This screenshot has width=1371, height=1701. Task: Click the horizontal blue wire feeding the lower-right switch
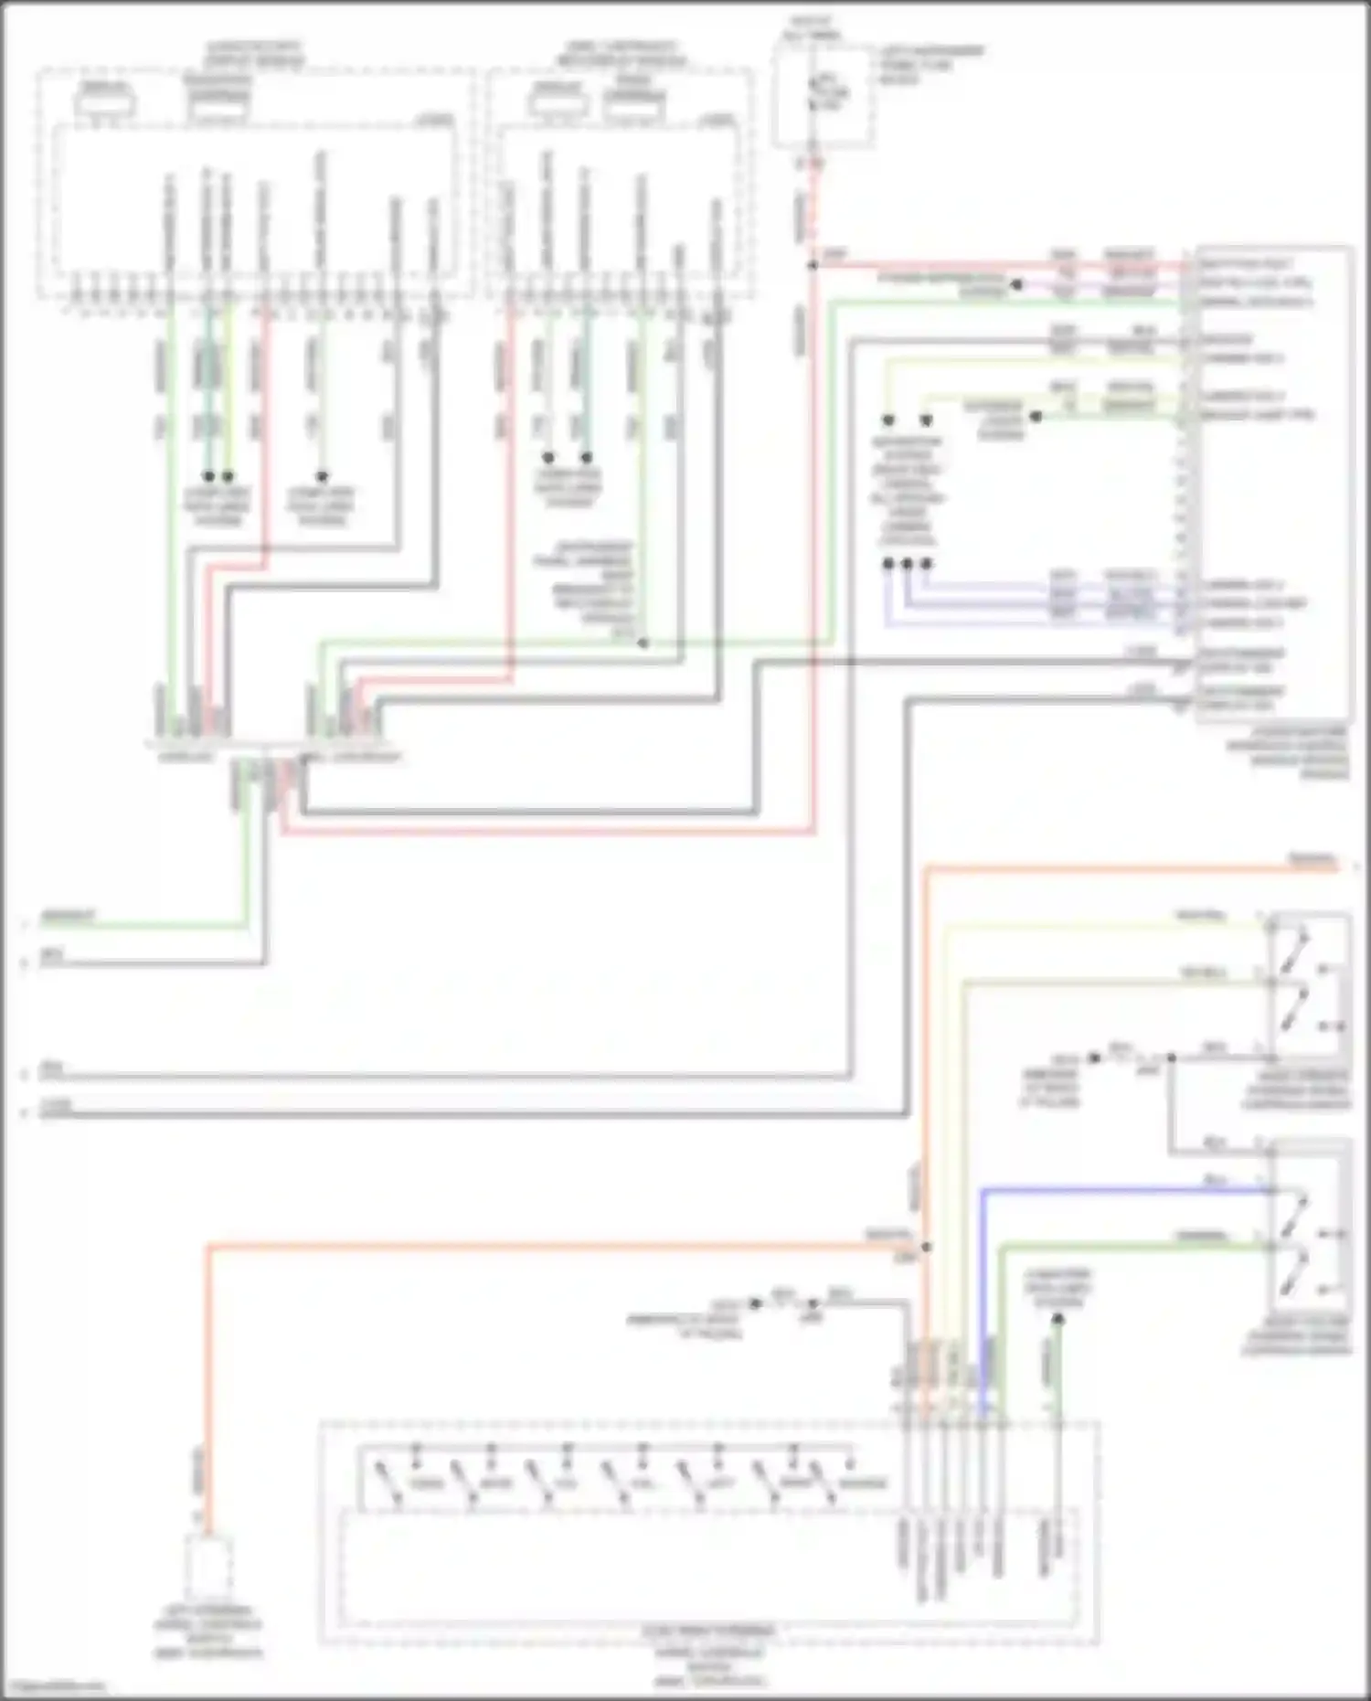1124,1190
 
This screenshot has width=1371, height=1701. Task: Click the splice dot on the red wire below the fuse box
812,266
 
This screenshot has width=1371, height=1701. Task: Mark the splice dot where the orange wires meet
926,1247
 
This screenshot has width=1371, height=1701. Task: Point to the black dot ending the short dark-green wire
1057,1319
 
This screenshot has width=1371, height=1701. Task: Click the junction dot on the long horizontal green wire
643,643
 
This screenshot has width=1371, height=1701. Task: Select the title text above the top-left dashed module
256,53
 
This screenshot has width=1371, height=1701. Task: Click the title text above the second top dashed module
622,53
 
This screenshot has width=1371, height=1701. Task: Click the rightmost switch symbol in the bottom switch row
828,1483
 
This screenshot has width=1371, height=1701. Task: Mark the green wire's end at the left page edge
27,925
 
